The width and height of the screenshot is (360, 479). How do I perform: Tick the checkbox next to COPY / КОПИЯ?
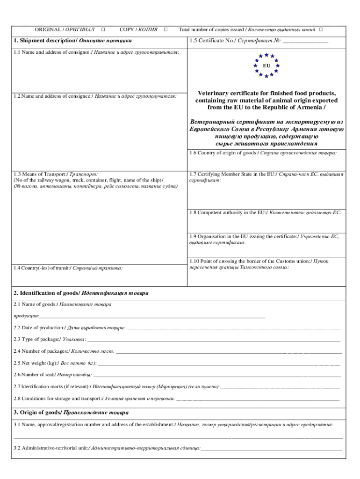(x=166, y=29)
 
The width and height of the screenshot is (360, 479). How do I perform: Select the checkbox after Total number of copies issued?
(x=321, y=29)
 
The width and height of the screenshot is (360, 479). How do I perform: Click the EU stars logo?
(x=266, y=65)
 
